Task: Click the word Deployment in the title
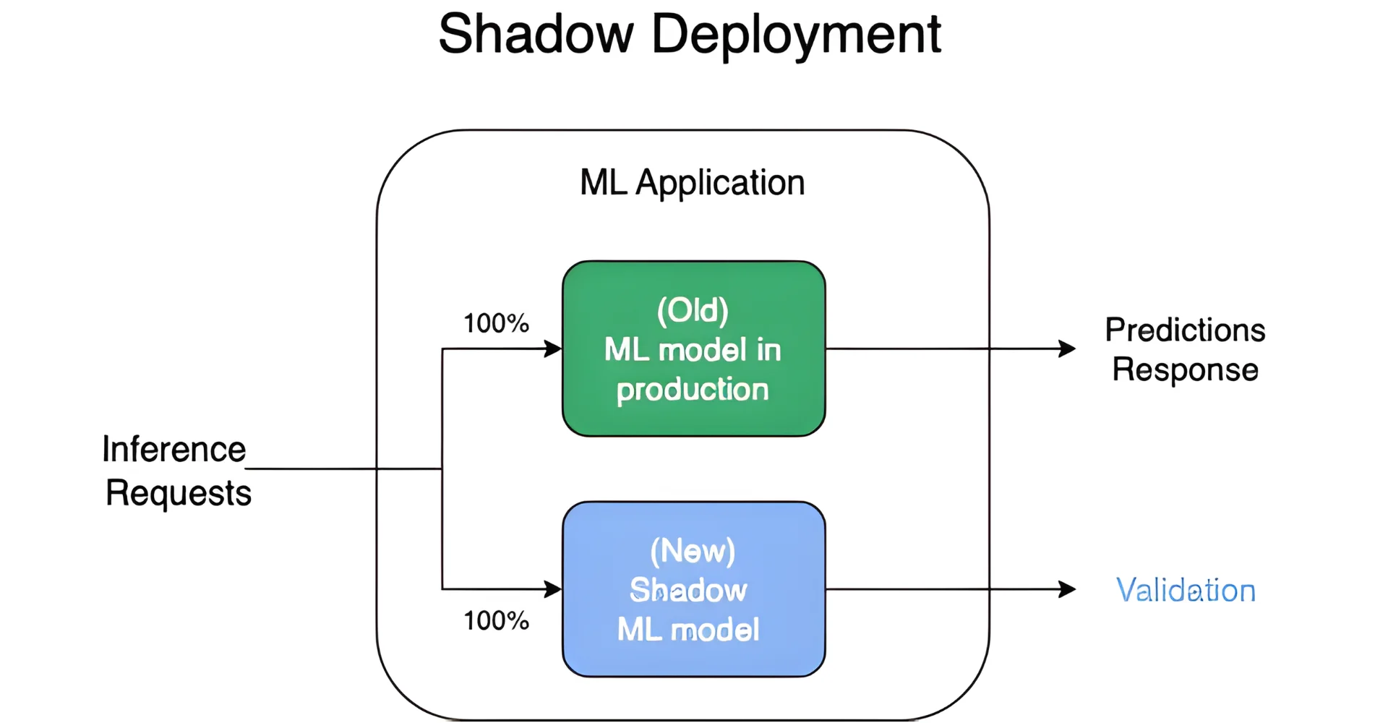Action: point(796,34)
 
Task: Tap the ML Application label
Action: point(692,182)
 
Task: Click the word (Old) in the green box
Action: point(693,310)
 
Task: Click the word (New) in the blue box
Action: point(693,551)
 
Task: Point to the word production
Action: point(693,390)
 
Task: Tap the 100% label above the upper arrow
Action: point(496,323)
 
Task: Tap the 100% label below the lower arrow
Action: point(496,620)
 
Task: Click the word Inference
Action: point(173,449)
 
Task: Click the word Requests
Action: point(178,493)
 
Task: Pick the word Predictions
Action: point(1185,330)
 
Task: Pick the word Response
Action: point(1185,369)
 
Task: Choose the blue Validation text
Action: point(1186,590)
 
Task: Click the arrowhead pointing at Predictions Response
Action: point(1067,348)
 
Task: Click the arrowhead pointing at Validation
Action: point(1067,589)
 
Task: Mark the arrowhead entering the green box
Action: point(553,349)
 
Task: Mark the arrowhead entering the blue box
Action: point(553,589)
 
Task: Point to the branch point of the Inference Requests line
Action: point(442,469)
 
